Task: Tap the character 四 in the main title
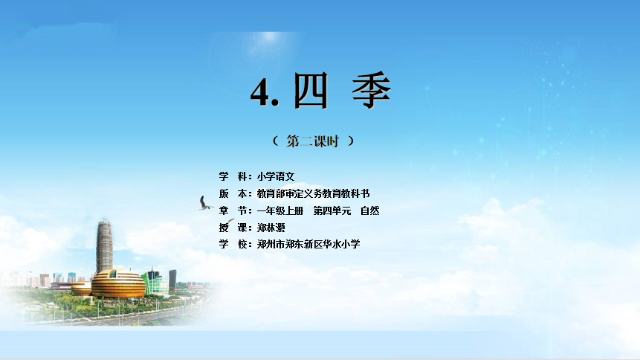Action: click(x=311, y=91)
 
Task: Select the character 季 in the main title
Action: click(x=372, y=90)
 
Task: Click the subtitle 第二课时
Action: click(x=312, y=141)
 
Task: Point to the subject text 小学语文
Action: click(x=276, y=176)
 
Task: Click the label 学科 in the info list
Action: click(x=233, y=176)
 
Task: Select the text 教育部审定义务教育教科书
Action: click(x=313, y=193)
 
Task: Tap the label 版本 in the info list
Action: click(x=233, y=193)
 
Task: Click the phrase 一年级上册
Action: click(x=280, y=210)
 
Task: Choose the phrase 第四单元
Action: click(x=332, y=210)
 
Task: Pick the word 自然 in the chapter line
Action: click(x=369, y=210)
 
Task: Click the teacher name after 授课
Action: click(x=271, y=228)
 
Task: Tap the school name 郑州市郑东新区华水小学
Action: click(x=308, y=245)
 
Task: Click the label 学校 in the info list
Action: click(x=233, y=245)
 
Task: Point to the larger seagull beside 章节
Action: click(x=205, y=204)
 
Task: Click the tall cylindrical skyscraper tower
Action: click(x=105, y=245)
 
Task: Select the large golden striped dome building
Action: click(x=118, y=283)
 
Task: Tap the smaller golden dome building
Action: click(x=81, y=289)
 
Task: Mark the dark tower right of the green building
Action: click(x=172, y=279)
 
